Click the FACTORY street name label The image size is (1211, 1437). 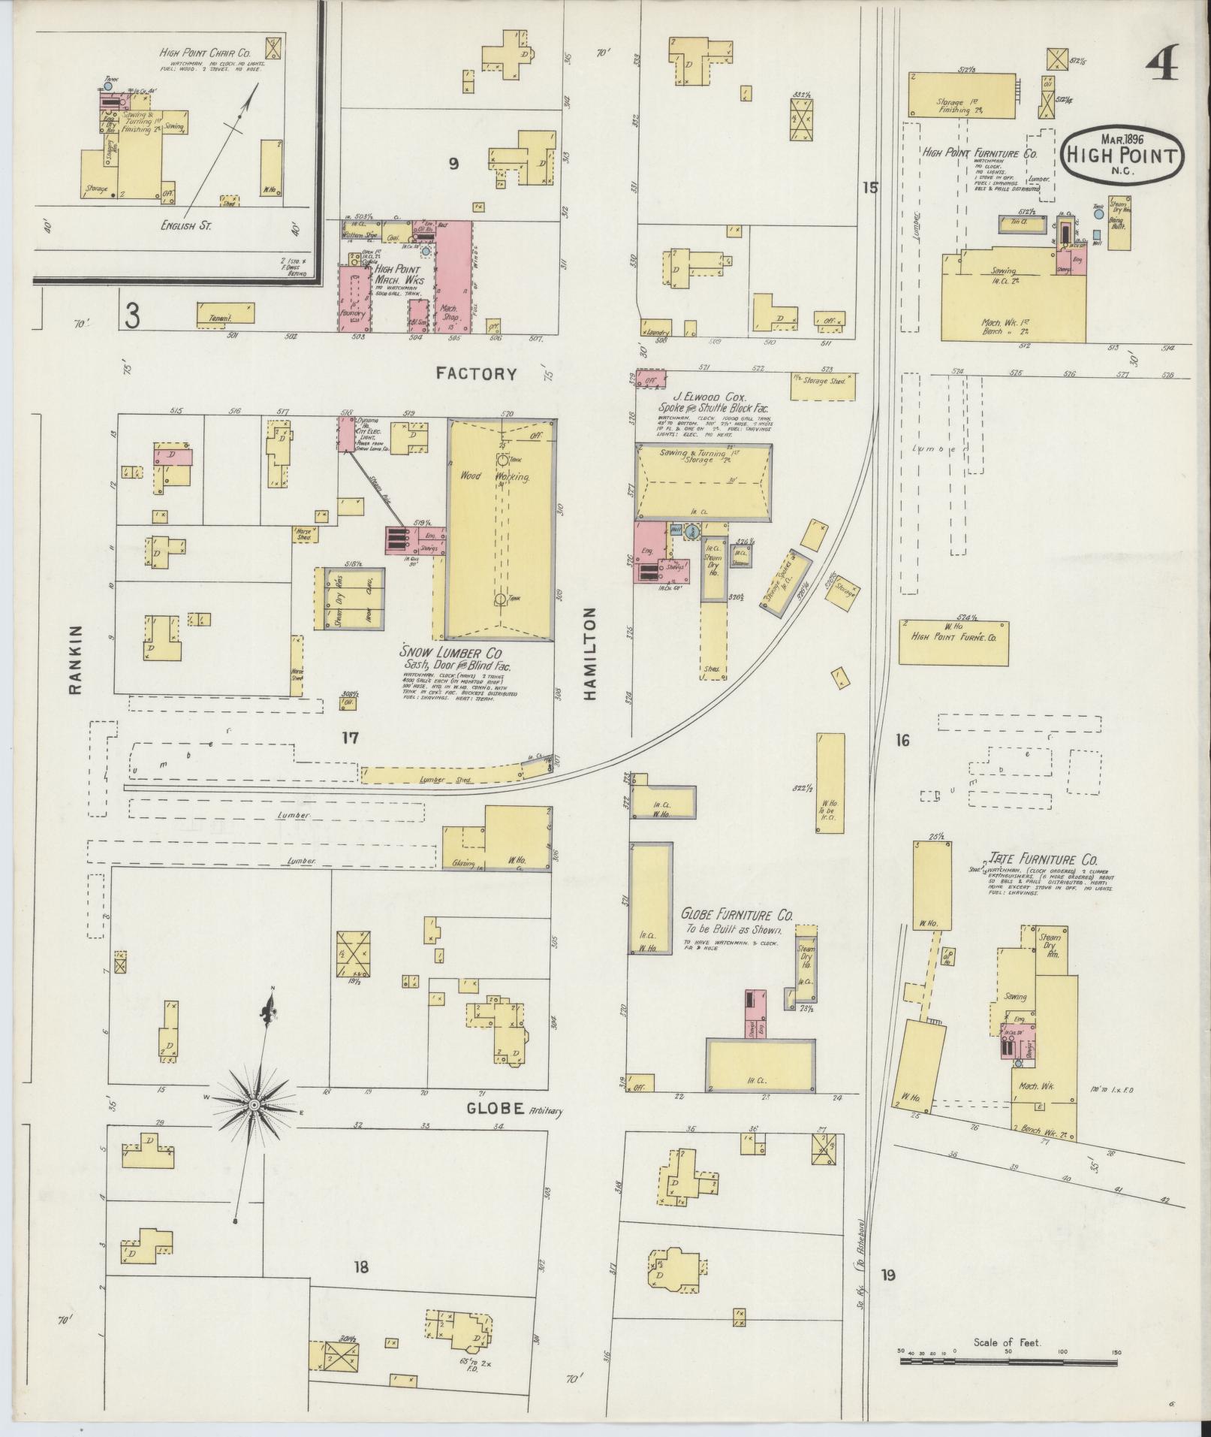(478, 373)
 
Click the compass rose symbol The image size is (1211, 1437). (255, 1104)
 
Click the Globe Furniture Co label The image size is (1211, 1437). (737, 915)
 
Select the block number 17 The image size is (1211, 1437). (350, 738)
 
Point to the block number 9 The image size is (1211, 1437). (453, 164)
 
